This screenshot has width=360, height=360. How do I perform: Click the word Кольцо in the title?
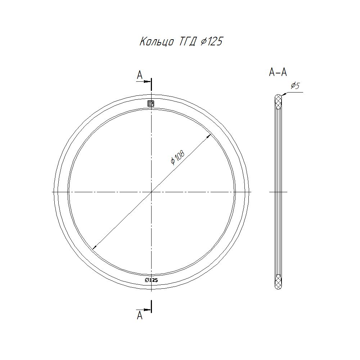click(x=157, y=42)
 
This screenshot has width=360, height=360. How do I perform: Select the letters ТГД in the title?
click(x=187, y=42)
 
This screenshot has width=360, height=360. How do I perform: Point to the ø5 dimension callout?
click(x=296, y=86)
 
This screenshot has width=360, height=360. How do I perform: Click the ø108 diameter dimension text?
click(x=178, y=158)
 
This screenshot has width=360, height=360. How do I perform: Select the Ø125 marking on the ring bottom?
click(x=151, y=280)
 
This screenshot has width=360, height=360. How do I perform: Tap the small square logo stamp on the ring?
click(x=151, y=104)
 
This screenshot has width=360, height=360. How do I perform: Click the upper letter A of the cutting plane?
click(x=140, y=75)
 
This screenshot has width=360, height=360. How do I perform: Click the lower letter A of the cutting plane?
click(x=140, y=315)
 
